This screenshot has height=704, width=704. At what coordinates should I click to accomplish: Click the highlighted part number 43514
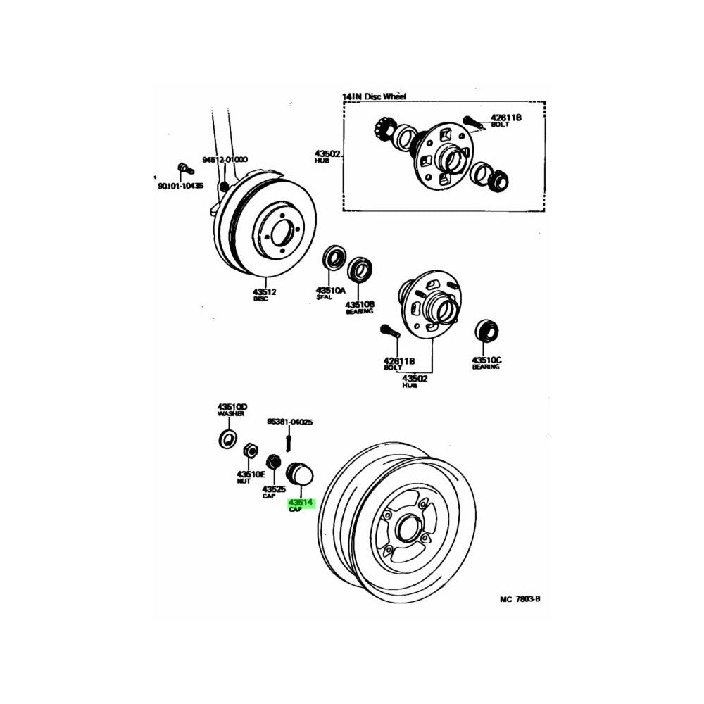[301, 503]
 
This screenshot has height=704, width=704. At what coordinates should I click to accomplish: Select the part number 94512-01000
[225, 160]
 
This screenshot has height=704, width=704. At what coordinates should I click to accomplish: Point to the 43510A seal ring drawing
[333, 259]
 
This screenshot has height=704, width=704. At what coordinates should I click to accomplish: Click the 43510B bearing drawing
[362, 268]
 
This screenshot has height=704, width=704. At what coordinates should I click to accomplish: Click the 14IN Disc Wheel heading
[375, 96]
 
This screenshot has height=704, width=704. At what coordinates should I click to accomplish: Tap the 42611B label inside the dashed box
[506, 118]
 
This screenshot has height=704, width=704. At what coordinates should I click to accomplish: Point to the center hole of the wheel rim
[406, 529]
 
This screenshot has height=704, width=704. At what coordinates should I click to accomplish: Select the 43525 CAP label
[273, 490]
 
